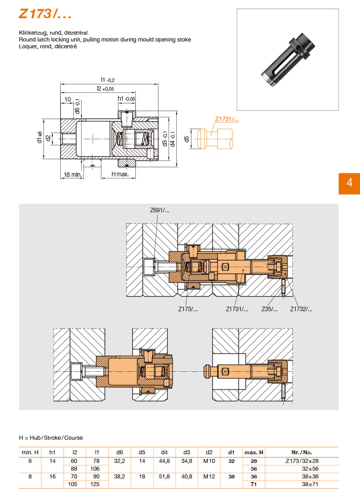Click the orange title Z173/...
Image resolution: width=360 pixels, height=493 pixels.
click(45, 14)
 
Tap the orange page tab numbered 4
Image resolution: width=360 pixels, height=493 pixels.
click(349, 183)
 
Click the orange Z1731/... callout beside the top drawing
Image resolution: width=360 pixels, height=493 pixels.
click(226, 119)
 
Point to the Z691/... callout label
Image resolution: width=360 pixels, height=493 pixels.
click(159, 210)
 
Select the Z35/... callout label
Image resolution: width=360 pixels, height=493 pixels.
click(269, 309)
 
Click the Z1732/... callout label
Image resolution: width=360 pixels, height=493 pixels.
click(301, 309)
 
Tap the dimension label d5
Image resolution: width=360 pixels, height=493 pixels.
click(187, 139)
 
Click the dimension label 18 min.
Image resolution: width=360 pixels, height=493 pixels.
click(72, 175)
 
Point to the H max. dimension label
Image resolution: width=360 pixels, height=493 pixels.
click(120, 174)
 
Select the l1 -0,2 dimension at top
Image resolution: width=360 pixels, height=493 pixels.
click(108, 80)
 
